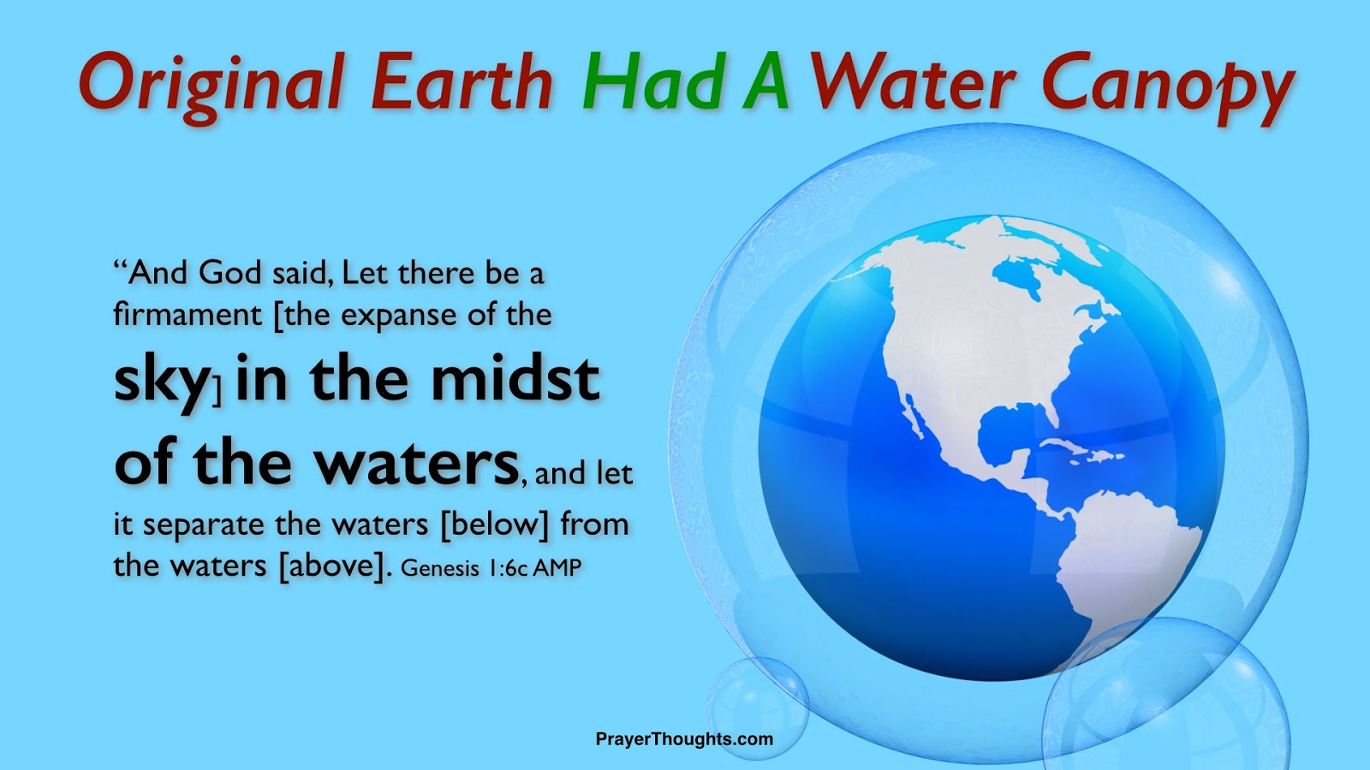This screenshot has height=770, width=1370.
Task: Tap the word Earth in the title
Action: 462,84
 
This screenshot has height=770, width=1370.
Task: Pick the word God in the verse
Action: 229,273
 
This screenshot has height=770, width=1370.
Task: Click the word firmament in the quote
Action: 188,315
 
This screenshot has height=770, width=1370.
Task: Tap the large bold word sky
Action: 162,381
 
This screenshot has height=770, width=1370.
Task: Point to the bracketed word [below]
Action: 494,524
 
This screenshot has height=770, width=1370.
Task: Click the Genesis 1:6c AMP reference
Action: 491,567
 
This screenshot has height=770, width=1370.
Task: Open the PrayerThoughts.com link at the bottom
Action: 684,739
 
